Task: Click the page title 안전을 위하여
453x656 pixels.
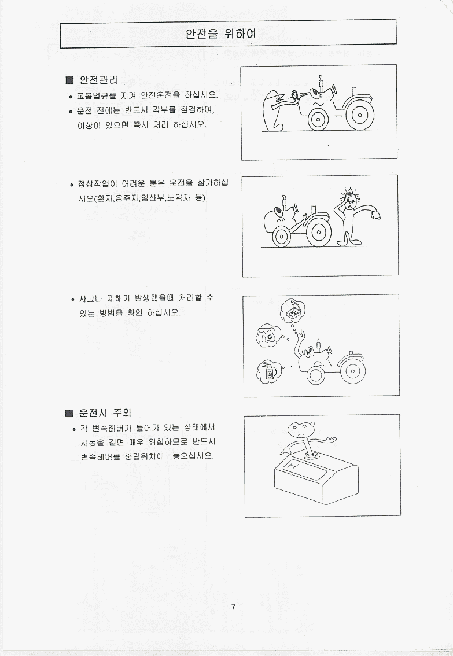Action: (x=220, y=34)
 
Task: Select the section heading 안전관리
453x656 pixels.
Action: (x=99, y=80)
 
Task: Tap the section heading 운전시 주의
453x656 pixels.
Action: (x=105, y=413)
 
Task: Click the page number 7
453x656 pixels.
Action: (x=233, y=607)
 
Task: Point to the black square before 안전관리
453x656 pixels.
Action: (x=70, y=80)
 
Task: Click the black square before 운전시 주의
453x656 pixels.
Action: (x=69, y=414)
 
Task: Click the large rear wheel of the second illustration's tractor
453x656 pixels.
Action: (x=318, y=231)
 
